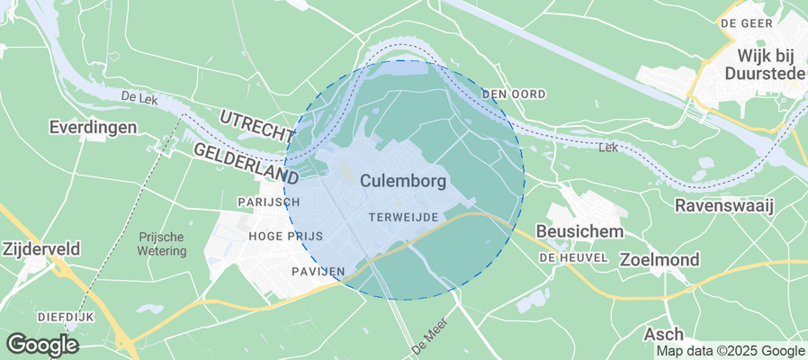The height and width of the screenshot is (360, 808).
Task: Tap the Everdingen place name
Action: [x=94, y=127]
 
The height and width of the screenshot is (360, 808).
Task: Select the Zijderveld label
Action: [x=41, y=248]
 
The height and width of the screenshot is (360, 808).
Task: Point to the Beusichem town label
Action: [x=579, y=232]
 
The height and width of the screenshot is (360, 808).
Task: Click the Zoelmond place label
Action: [x=660, y=259]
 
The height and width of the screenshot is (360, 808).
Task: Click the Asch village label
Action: [x=663, y=335]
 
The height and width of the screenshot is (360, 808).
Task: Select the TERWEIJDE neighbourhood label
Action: [x=404, y=218]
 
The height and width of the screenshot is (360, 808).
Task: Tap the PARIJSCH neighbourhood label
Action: [x=267, y=202]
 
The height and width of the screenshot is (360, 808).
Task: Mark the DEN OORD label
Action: [x=514, y=94]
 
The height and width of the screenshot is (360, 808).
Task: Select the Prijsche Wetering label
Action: [x=162, y=244]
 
